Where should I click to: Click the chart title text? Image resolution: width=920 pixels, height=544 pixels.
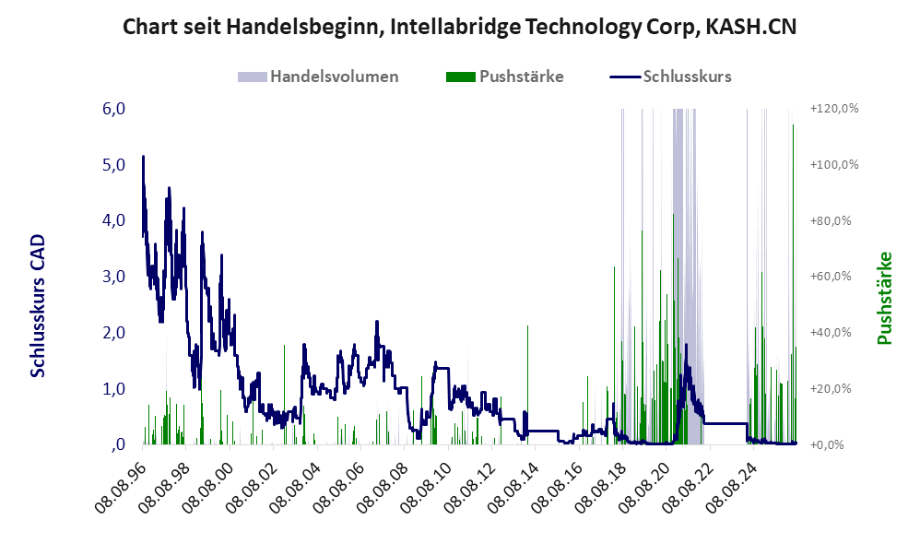459,27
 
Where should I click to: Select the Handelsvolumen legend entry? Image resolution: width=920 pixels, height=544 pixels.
318,77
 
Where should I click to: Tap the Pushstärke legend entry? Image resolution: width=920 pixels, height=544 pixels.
504,77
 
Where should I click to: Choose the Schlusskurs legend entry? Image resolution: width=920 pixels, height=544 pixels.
670,77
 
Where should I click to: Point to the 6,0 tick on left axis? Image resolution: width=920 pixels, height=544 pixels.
113,109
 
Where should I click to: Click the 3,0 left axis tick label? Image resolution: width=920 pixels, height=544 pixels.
113,277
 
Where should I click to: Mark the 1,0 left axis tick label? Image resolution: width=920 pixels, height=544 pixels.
113,388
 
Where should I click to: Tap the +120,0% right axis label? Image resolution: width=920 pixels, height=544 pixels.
833,109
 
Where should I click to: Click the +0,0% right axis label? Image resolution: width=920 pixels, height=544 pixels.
827,444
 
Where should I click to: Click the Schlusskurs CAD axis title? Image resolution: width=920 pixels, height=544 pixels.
38,306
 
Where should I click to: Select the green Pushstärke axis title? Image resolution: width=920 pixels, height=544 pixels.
884,298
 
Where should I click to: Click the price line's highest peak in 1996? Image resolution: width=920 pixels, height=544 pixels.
143,157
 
